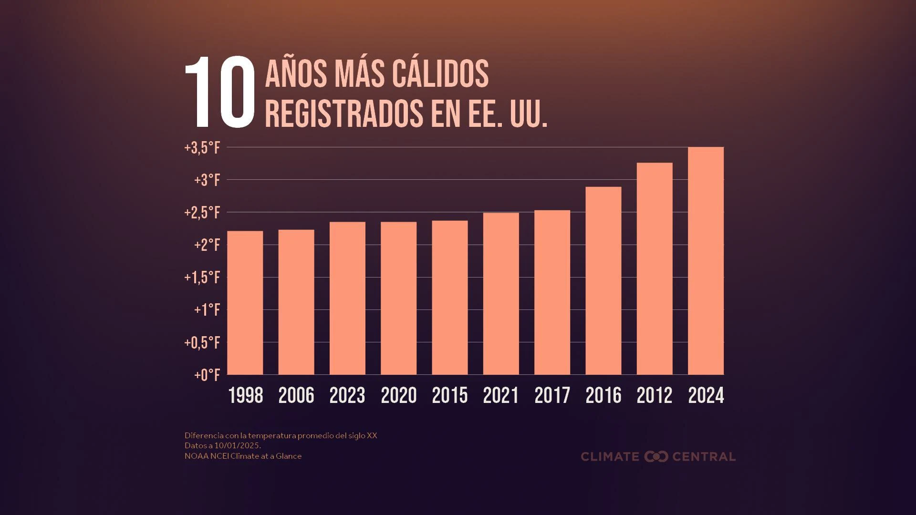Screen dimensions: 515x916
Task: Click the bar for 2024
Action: click(x=706, y=261)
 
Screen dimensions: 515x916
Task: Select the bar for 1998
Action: click(x=245, y=303)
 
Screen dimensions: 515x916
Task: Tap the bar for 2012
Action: click(x=655, y=268)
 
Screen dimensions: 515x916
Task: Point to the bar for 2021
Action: click(x=501, y=294)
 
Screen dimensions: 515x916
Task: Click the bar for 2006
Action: click(x=296, y=302)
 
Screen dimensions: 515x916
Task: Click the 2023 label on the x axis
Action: click(x=347, y=395)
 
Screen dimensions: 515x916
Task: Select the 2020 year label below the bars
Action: click(x=399, y=395)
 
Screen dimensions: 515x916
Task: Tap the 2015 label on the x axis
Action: click(x=450, y=395)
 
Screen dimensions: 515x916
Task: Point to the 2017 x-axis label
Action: click(x=552, y=395)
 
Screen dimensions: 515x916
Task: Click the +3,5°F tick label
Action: click(x=202, y=148)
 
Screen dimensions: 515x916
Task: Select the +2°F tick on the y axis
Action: click(x=207, y=245)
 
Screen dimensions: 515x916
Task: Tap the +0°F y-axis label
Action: click(x=207, y=375)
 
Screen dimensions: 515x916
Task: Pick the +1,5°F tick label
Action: click(x=202, y=278)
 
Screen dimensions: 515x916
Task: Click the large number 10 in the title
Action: click(x=220, y=92)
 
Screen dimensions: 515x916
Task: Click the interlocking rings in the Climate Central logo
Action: click(x=656, y=456)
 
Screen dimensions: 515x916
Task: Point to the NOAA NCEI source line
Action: click(x=243, y=456)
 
